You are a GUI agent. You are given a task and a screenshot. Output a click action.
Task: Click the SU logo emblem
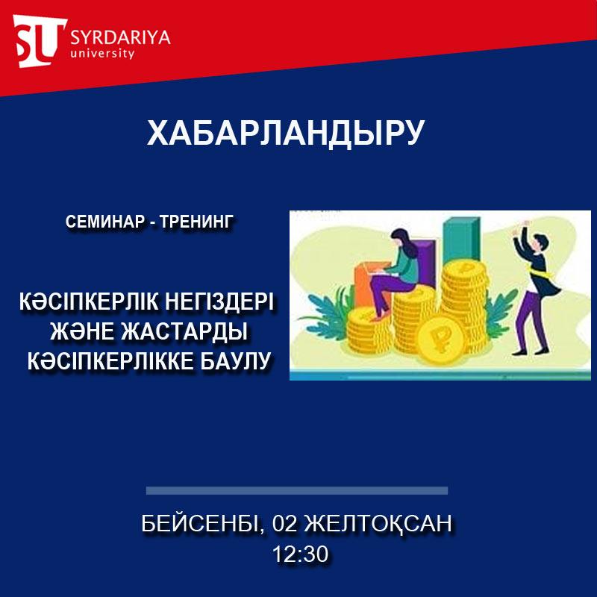click(40, 41)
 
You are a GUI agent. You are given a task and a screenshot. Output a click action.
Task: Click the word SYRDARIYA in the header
click(120, 37)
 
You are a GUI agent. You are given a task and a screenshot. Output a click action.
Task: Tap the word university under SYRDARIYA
click(102, 53)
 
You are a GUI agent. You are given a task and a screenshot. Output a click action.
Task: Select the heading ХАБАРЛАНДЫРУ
click(286, 133)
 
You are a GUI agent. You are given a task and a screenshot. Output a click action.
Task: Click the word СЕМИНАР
click(106, 222)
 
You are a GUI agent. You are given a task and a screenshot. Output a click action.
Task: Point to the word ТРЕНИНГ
click(196, 222)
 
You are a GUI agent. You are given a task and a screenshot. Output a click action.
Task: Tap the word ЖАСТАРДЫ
click(184, 331)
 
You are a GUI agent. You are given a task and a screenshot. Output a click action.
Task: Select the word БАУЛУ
click(235, 361)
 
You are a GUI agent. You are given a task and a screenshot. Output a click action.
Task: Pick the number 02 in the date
click(284, 523)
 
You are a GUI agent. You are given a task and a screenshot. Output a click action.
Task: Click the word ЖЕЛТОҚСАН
click(378, 524)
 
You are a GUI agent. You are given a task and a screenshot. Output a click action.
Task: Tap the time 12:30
click(301, 554)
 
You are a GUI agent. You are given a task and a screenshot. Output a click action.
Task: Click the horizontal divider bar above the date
click(297, 490)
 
